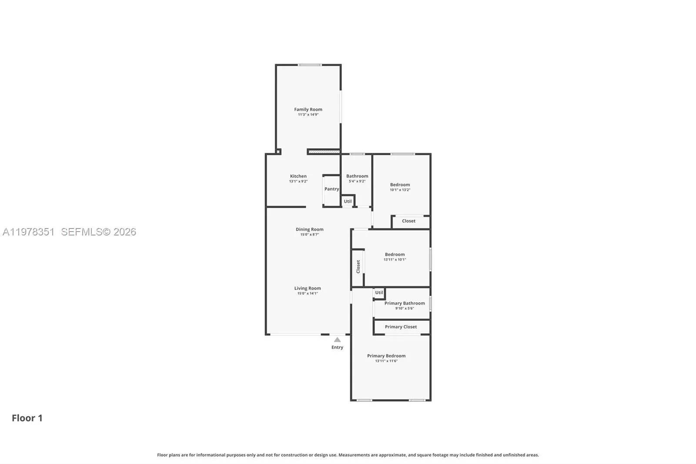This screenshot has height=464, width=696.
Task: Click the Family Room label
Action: click(308, 109)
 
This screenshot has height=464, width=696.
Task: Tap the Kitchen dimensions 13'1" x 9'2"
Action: click(298, 181)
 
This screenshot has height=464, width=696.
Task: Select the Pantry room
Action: click(331, 189)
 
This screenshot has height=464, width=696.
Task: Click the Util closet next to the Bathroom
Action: click(348, 201)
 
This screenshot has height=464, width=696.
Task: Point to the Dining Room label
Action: click(309, 229)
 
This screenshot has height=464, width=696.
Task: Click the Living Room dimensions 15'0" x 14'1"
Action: click(308, 293)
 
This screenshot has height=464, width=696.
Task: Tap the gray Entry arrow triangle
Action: click(337, 340)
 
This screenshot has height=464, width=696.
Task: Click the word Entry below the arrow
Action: click(337, 347)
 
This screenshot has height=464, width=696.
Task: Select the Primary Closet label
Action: click(401, 327)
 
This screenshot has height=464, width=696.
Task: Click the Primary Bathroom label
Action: click(405, 303)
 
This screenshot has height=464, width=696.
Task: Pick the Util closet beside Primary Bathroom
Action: click(379, 293)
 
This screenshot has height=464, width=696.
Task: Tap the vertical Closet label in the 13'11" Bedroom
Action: click(358, 266)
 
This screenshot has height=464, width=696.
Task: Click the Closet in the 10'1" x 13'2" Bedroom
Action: click(408, 221)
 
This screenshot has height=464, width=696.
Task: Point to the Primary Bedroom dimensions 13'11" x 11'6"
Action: click(386, 361)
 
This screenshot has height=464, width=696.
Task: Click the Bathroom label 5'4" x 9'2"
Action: click(357, 176)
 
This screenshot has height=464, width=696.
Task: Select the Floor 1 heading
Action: click(27, 418)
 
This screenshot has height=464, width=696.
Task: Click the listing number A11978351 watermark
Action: click(29, 232)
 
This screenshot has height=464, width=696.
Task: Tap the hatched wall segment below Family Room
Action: click(324, 152)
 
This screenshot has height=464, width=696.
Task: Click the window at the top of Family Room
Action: click(310, 65)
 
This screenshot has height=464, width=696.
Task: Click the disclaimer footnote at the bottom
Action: click(348, 455)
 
